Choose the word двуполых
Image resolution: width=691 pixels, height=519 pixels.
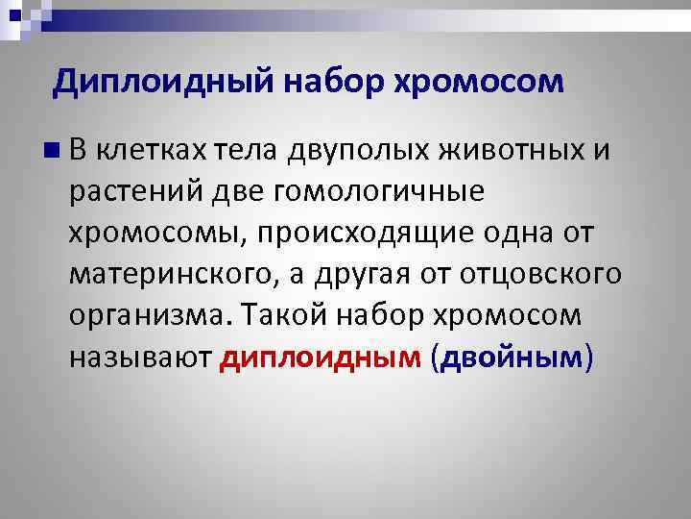click(x=354, y=150)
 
